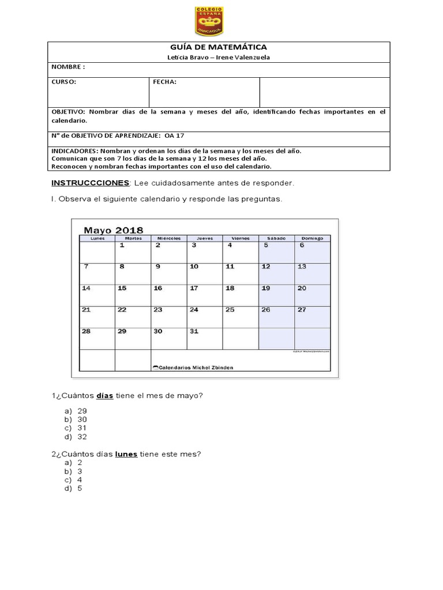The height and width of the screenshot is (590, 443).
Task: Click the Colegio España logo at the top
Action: coord(209,22)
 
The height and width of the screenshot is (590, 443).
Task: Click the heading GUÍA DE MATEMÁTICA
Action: coord(219,47)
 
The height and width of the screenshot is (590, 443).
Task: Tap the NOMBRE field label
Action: coord(68,67)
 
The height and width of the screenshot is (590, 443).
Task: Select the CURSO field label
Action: coord(64,82)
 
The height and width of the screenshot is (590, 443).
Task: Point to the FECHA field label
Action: coord(164,82)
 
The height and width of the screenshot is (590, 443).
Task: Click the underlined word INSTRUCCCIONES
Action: coord(91,183)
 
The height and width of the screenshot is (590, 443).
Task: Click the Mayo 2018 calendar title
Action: coord(115,230)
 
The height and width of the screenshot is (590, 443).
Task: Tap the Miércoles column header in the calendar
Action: coord(168,238)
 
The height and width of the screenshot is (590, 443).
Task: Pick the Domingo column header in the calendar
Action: coord(312,238)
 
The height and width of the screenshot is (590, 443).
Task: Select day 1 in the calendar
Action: coord(122,245)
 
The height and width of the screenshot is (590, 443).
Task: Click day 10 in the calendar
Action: coord(194,266)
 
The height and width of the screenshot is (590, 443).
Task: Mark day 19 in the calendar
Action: coord(266,288)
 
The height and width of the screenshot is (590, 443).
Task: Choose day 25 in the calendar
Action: coord(230,309)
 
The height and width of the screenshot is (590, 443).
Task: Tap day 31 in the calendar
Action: coord(194,331)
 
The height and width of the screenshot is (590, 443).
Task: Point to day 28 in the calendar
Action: coord(86,331)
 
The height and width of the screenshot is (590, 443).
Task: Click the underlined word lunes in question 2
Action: coord(126,454)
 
